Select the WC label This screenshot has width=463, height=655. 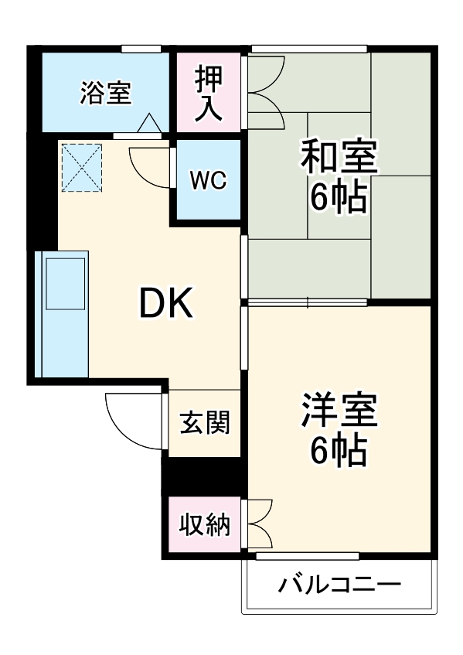[x=208, y=181]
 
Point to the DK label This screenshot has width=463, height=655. [x=165, y=304]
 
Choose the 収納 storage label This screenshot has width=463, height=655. [x=205, y=526]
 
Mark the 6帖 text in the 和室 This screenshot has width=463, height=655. [x=339, y=199]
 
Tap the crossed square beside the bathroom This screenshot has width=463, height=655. [x=81, y=167]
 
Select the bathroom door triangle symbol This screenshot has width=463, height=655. [x=149, y=123]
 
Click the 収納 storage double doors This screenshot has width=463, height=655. [x=259, y=525]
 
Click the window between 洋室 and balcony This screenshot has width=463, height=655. [x=307, y=555]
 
